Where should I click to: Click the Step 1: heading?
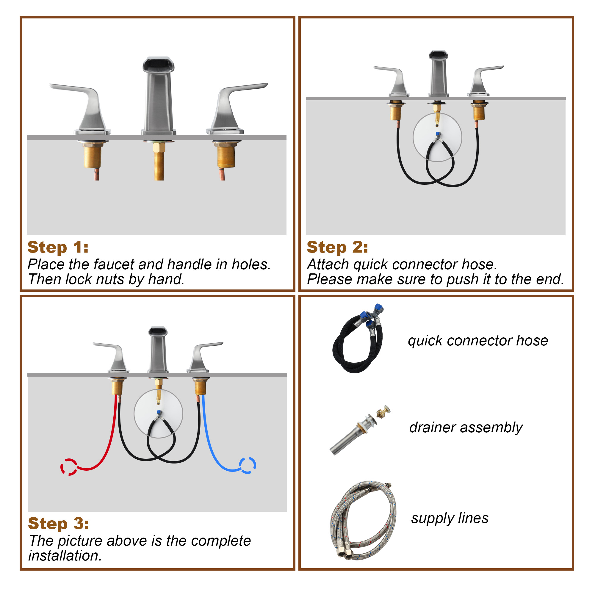click(58, 247)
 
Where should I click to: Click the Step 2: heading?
click(337, 247)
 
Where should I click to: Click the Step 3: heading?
click(59, 524)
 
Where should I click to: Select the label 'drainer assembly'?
click(466, 428)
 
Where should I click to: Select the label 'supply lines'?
click(450, 519)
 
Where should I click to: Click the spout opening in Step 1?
click(158, 65)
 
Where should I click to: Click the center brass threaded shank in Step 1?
click(159, 162)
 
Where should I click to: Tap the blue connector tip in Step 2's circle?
click(438, 134)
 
